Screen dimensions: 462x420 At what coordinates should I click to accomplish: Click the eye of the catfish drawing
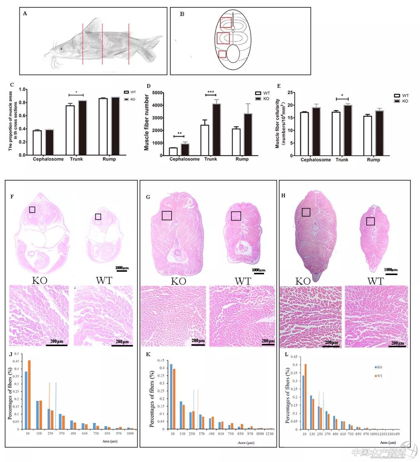tap(61, 49)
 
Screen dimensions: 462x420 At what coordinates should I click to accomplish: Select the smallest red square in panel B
tap(222, 54)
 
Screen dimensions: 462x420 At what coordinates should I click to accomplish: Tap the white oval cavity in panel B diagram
tap(233, 54)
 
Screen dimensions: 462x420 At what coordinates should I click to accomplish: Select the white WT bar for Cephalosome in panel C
tap(37, 143)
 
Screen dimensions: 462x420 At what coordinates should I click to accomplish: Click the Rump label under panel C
tap(109, 159)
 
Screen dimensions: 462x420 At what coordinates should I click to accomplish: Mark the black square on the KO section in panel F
tap(32, 209)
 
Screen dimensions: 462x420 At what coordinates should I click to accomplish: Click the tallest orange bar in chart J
tap(29, 395)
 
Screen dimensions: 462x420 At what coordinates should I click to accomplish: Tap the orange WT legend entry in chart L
tap(379, 376)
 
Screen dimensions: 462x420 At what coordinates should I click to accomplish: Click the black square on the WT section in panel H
tap(371, 221)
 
